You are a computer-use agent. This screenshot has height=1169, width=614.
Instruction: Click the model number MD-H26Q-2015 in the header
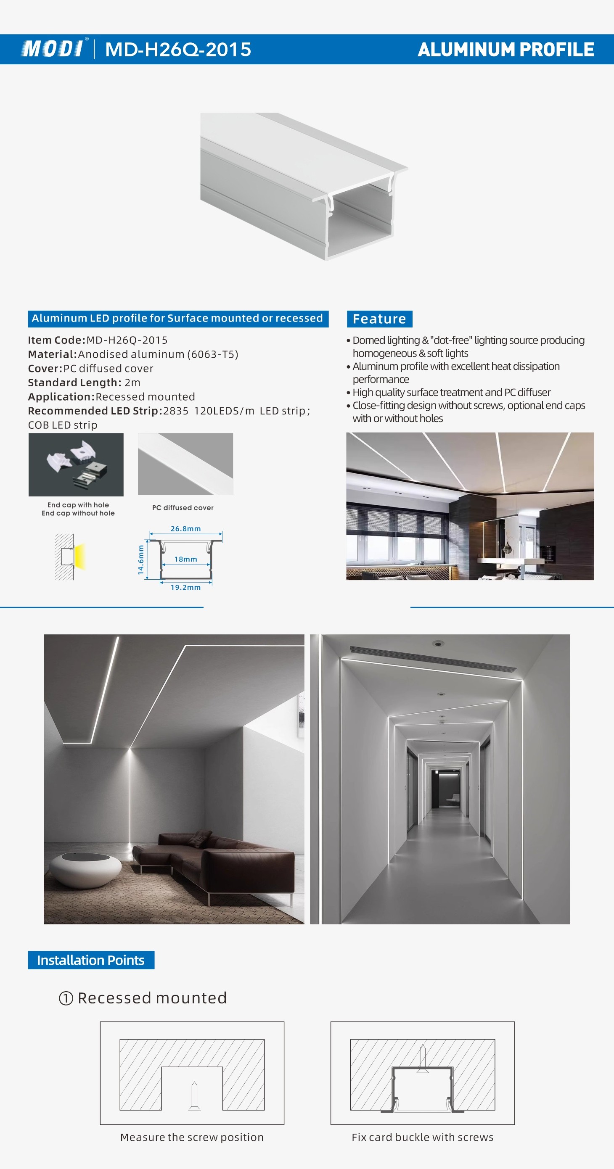click(178, 50)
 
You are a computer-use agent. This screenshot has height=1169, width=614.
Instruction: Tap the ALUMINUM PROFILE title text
click(505, 50)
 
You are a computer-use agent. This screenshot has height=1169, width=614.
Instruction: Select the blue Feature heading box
click(379, 319)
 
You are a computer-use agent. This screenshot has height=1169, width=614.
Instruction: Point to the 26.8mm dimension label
click(185, 529)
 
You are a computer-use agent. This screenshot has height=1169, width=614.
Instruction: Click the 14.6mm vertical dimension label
click(141, 559)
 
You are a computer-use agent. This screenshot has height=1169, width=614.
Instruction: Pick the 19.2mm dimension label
click(185, 587)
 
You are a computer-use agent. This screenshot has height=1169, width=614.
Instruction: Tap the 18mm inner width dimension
click(186, 559)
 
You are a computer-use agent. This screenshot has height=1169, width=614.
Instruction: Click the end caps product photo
click(76, 464)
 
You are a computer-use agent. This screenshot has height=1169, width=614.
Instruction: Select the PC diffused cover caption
click(183, 508)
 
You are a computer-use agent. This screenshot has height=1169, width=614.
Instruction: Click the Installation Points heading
click(91, 960)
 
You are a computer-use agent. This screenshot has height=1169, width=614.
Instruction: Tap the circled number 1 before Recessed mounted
click(66, 998)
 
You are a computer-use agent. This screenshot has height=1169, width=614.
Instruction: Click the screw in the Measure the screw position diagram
click(194, 1095)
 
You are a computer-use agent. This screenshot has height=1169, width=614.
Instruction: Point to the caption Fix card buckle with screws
click(422, 1137)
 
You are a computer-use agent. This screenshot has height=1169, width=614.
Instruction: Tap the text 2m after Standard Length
click(132, 383)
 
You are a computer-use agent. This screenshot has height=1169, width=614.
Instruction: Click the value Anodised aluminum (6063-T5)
click(158, 354)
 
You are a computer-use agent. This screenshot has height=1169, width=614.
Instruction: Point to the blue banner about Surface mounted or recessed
click(177, 318)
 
